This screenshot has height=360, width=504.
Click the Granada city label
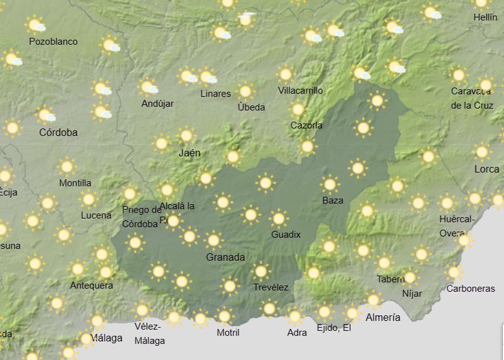click(225, 257)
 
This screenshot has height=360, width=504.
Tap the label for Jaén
click(189, 153)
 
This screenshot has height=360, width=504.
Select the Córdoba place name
click(58, 132)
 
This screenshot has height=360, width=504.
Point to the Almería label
click(383, 317)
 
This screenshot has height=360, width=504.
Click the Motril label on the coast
click(228, 332)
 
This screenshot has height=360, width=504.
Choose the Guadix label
click(286, 234)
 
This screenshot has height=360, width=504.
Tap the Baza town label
click(333, 200)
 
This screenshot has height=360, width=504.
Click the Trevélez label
click(271, 287)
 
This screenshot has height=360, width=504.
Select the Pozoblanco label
click(53, 41)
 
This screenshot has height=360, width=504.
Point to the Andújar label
click(157, 103)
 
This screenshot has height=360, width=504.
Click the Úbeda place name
click(251, 107)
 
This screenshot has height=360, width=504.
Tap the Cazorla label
click(306, 125)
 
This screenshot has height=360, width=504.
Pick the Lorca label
click(487, 169)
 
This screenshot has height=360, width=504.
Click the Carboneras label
click(471, 288)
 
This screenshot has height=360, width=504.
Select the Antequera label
click(91, 285)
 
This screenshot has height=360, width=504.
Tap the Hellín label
click(485, 17)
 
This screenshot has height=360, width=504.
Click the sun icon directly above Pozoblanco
click(35, 25)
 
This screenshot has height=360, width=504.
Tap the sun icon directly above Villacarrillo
click(286, 74)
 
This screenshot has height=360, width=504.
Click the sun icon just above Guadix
click(279, 218)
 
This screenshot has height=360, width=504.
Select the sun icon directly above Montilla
click(67, 166)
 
